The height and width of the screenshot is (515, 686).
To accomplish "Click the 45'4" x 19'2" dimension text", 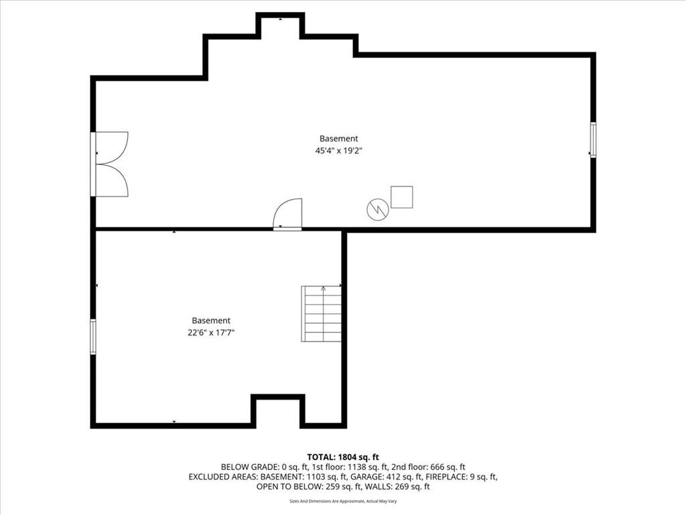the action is pos(338,151).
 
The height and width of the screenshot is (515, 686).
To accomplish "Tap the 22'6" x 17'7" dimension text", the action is pos(211,333).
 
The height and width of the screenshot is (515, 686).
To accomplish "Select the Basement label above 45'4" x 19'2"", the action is pos(338,139).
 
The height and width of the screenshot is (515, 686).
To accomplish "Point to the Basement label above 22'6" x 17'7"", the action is pos(211,321).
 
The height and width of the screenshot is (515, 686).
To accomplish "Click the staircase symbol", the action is pos(321,314).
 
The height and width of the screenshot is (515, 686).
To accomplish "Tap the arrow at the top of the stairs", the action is pos(324,288).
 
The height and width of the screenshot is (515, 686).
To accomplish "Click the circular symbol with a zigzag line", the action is pos(378,209).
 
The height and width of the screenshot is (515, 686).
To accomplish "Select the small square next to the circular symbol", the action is pos(402,197).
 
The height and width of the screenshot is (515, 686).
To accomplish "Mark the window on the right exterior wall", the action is pos(593,139).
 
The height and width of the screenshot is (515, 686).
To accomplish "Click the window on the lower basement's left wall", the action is pos(92,337).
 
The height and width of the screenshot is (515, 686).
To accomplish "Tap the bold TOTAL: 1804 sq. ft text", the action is pos(343,457).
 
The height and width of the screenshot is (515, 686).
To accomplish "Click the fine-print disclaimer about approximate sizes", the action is pos(343,501).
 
